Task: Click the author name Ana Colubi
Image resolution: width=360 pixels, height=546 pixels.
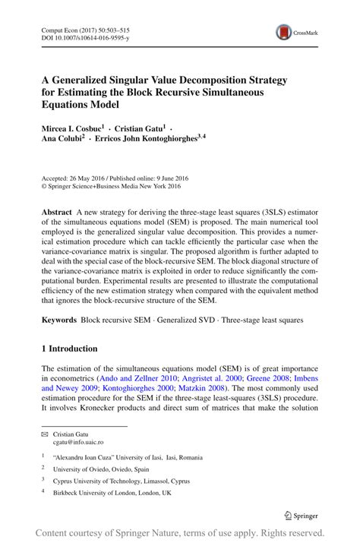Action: coord(62,140)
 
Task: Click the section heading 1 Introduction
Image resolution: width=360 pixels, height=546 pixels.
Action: coord(69,349)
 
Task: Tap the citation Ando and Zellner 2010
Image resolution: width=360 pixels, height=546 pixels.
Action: coord(137,377)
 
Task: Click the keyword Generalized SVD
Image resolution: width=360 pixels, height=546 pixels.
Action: coord(187,320)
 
